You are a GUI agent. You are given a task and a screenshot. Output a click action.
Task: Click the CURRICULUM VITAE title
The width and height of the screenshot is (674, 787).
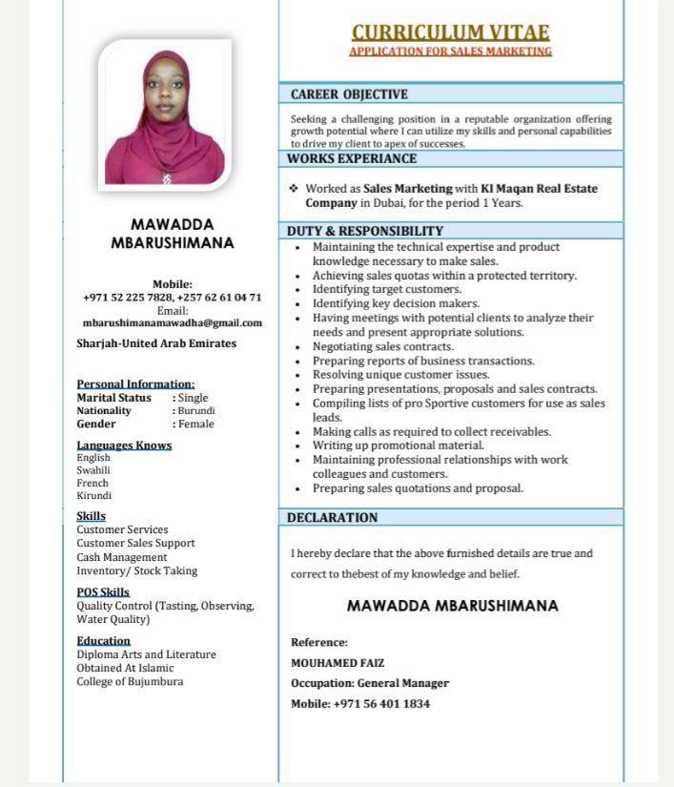pyautogui.click(x=451, y=31)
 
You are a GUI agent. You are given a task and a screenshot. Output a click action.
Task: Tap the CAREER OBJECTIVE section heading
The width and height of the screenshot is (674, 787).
pyautogui.click(x=349, y=94)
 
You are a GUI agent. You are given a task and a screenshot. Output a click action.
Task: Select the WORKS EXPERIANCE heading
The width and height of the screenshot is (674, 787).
pyautogui.click(x=352, y=158)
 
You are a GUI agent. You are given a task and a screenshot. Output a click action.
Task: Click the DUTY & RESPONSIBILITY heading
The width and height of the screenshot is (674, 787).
pyautogui.click(x=365, y=231)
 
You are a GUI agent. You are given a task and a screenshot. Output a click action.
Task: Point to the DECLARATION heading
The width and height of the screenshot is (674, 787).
pyautogui.click(x=333, y=517)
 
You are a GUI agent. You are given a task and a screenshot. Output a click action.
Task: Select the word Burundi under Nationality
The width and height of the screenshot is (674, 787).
pyautogui.click(x=195, y=410)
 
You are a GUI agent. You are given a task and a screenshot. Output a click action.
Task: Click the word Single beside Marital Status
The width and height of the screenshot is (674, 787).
pyautogui.click(x=193, y=398)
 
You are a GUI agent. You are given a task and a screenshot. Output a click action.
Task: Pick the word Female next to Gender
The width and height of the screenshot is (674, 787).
pyautogui.click(x=195, y=424)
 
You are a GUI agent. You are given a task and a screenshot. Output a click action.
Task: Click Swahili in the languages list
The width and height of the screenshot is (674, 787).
pyautogui.click(x=93, y=470)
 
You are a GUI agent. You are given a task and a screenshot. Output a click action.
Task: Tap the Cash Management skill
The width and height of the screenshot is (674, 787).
pyautogui.click(x=122, y=557)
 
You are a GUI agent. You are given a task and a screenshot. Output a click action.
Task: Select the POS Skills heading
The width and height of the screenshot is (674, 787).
pyautogui.click(x=103, y=591)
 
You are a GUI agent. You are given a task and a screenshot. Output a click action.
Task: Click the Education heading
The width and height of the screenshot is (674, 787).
pyautogui.click(x=104, y=640)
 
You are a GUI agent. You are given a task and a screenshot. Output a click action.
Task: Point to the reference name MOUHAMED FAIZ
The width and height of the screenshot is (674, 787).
pyautogui.click(x=337, y=662)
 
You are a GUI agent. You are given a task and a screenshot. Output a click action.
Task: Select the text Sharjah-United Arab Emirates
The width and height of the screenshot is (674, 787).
pyautogui.click(x=156, y=343)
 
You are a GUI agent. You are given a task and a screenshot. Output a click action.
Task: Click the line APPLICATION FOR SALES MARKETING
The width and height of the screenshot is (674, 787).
pyautogui.click(x=450, y=51)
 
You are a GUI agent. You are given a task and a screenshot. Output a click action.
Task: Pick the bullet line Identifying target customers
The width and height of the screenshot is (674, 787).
pyautogui.click(x=387, y=289)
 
